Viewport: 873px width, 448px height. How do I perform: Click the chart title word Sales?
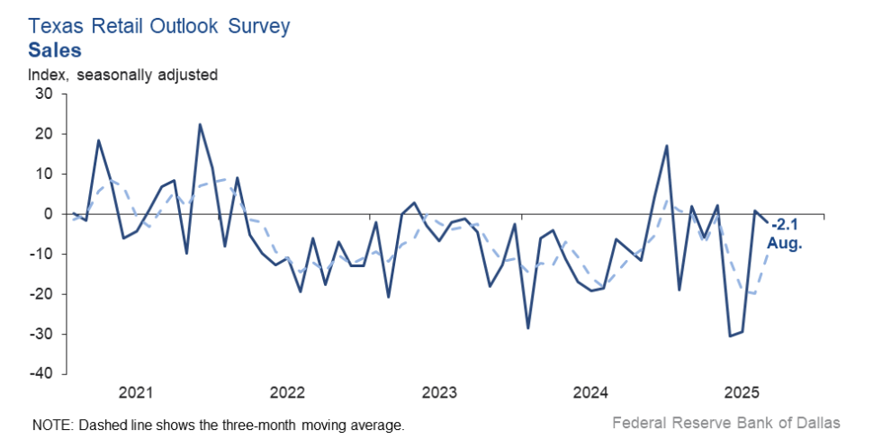[x=55, y=49]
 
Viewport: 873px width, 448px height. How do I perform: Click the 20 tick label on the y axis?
[x=44, y=134]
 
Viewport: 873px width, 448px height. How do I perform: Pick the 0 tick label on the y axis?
[x=49, y=214]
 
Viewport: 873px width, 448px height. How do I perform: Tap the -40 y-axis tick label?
[x=41, y=373]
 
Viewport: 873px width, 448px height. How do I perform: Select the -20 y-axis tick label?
[x=41, y=294]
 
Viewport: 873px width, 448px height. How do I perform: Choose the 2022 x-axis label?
[x=288, y=393]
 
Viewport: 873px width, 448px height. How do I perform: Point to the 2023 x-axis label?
[x=440, y=393]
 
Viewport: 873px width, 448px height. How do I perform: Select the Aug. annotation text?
[x=783, y=242]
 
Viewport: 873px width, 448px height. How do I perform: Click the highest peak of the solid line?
[x=200, y=124]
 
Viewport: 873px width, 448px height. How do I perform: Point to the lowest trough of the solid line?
[x=730, y=336]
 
